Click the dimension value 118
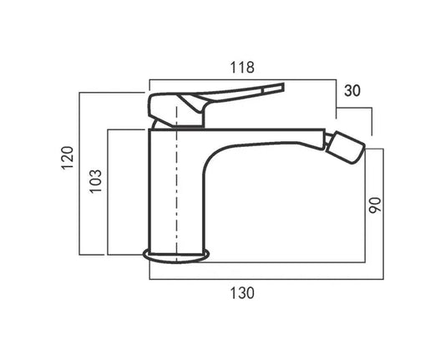pos(242,68)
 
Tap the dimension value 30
pos(352,90)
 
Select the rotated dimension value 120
pos(68,158)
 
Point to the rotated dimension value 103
pos(96,181)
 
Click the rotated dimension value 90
pos(375,205)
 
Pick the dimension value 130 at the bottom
pos(242,293)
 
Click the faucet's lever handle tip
pos(283,87)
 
